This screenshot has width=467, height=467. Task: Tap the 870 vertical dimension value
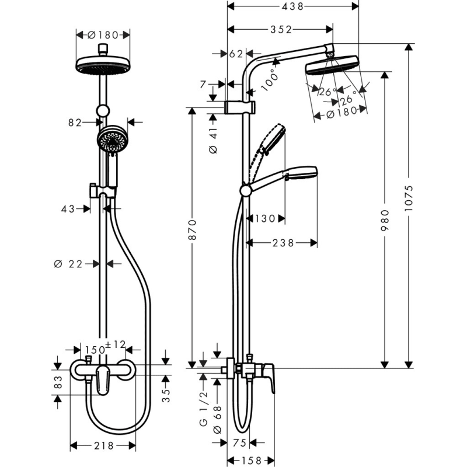pyautogui.click(x=192, y=232)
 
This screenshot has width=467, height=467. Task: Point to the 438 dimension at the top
pyautogui.click(x=291, y=6)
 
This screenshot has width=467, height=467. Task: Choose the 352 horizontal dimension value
pyautogui.click(x=280, y=29)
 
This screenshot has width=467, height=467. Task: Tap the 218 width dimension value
pyautogui.click(x=103, y=446)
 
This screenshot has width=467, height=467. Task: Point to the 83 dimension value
pyautogui.click(x=57, y=383)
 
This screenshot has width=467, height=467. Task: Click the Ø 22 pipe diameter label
pyautogui.click(x=69, y=264)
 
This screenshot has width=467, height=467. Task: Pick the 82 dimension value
pyautogui.click(x=74, y=123)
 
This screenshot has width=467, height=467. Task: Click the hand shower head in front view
pyautogui.click(x=111, y=141)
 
